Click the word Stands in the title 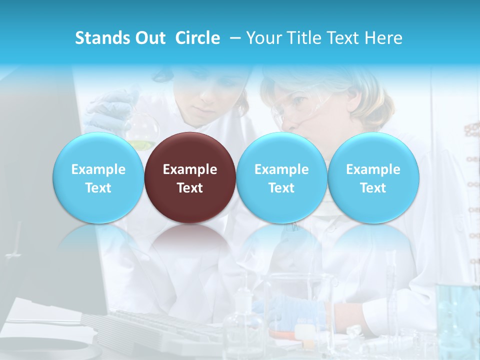[102, 38]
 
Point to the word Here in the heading [384, 38]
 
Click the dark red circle [190, 177]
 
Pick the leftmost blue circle [98, 177]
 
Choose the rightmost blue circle [373, 177]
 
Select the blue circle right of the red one [281, 177]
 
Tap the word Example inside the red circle [190, 169]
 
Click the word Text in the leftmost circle [98, 188]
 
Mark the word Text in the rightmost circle [373, 188]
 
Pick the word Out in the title [150, 38]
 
